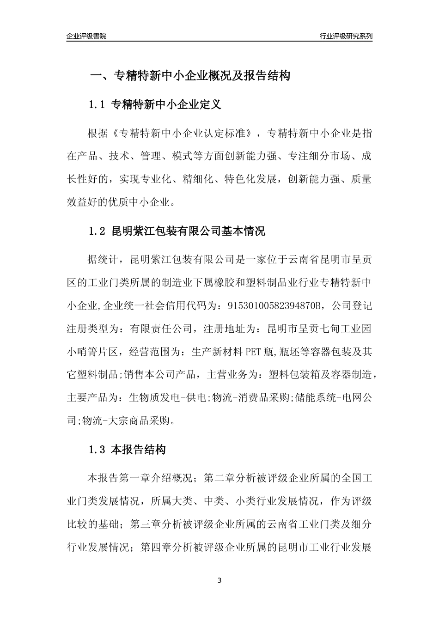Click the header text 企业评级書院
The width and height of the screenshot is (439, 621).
tap(86, 36)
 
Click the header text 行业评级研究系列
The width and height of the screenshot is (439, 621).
tap(346, 36)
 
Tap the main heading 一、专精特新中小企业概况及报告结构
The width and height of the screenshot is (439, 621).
tap(189, 76)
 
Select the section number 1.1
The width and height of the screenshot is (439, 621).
tap(97, 105)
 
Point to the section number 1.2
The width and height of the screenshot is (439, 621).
tap(97, 231)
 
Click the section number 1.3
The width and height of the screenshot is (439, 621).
tap(97, 450)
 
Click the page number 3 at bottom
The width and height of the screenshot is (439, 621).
tap(219, 580)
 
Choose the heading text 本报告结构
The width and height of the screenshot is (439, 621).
tap(139, 450)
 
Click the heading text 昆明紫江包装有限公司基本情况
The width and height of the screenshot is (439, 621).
tap(189, 231)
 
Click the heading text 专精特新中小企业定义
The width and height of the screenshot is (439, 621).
tap(166, 105)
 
